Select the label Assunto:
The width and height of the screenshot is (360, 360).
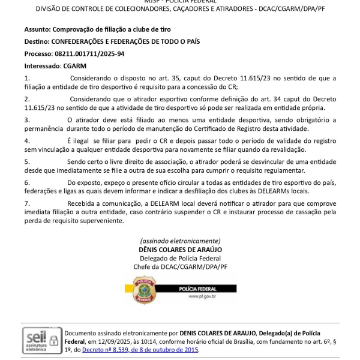coord(37,29)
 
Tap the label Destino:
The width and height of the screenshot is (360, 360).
coord(37,41)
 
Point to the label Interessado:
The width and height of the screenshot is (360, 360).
coord(43,65)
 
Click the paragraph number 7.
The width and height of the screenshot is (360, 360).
coord(27,203)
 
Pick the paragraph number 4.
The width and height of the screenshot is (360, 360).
coord(27,140)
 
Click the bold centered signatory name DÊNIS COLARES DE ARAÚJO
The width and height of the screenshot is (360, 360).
coord(180,249)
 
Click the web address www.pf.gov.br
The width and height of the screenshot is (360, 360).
coord(202,296)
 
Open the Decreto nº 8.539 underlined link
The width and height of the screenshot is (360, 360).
coord(140,350)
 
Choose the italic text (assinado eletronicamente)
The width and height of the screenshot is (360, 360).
coord(180,241)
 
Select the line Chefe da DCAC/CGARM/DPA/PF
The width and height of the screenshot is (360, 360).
coord(180,266)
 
